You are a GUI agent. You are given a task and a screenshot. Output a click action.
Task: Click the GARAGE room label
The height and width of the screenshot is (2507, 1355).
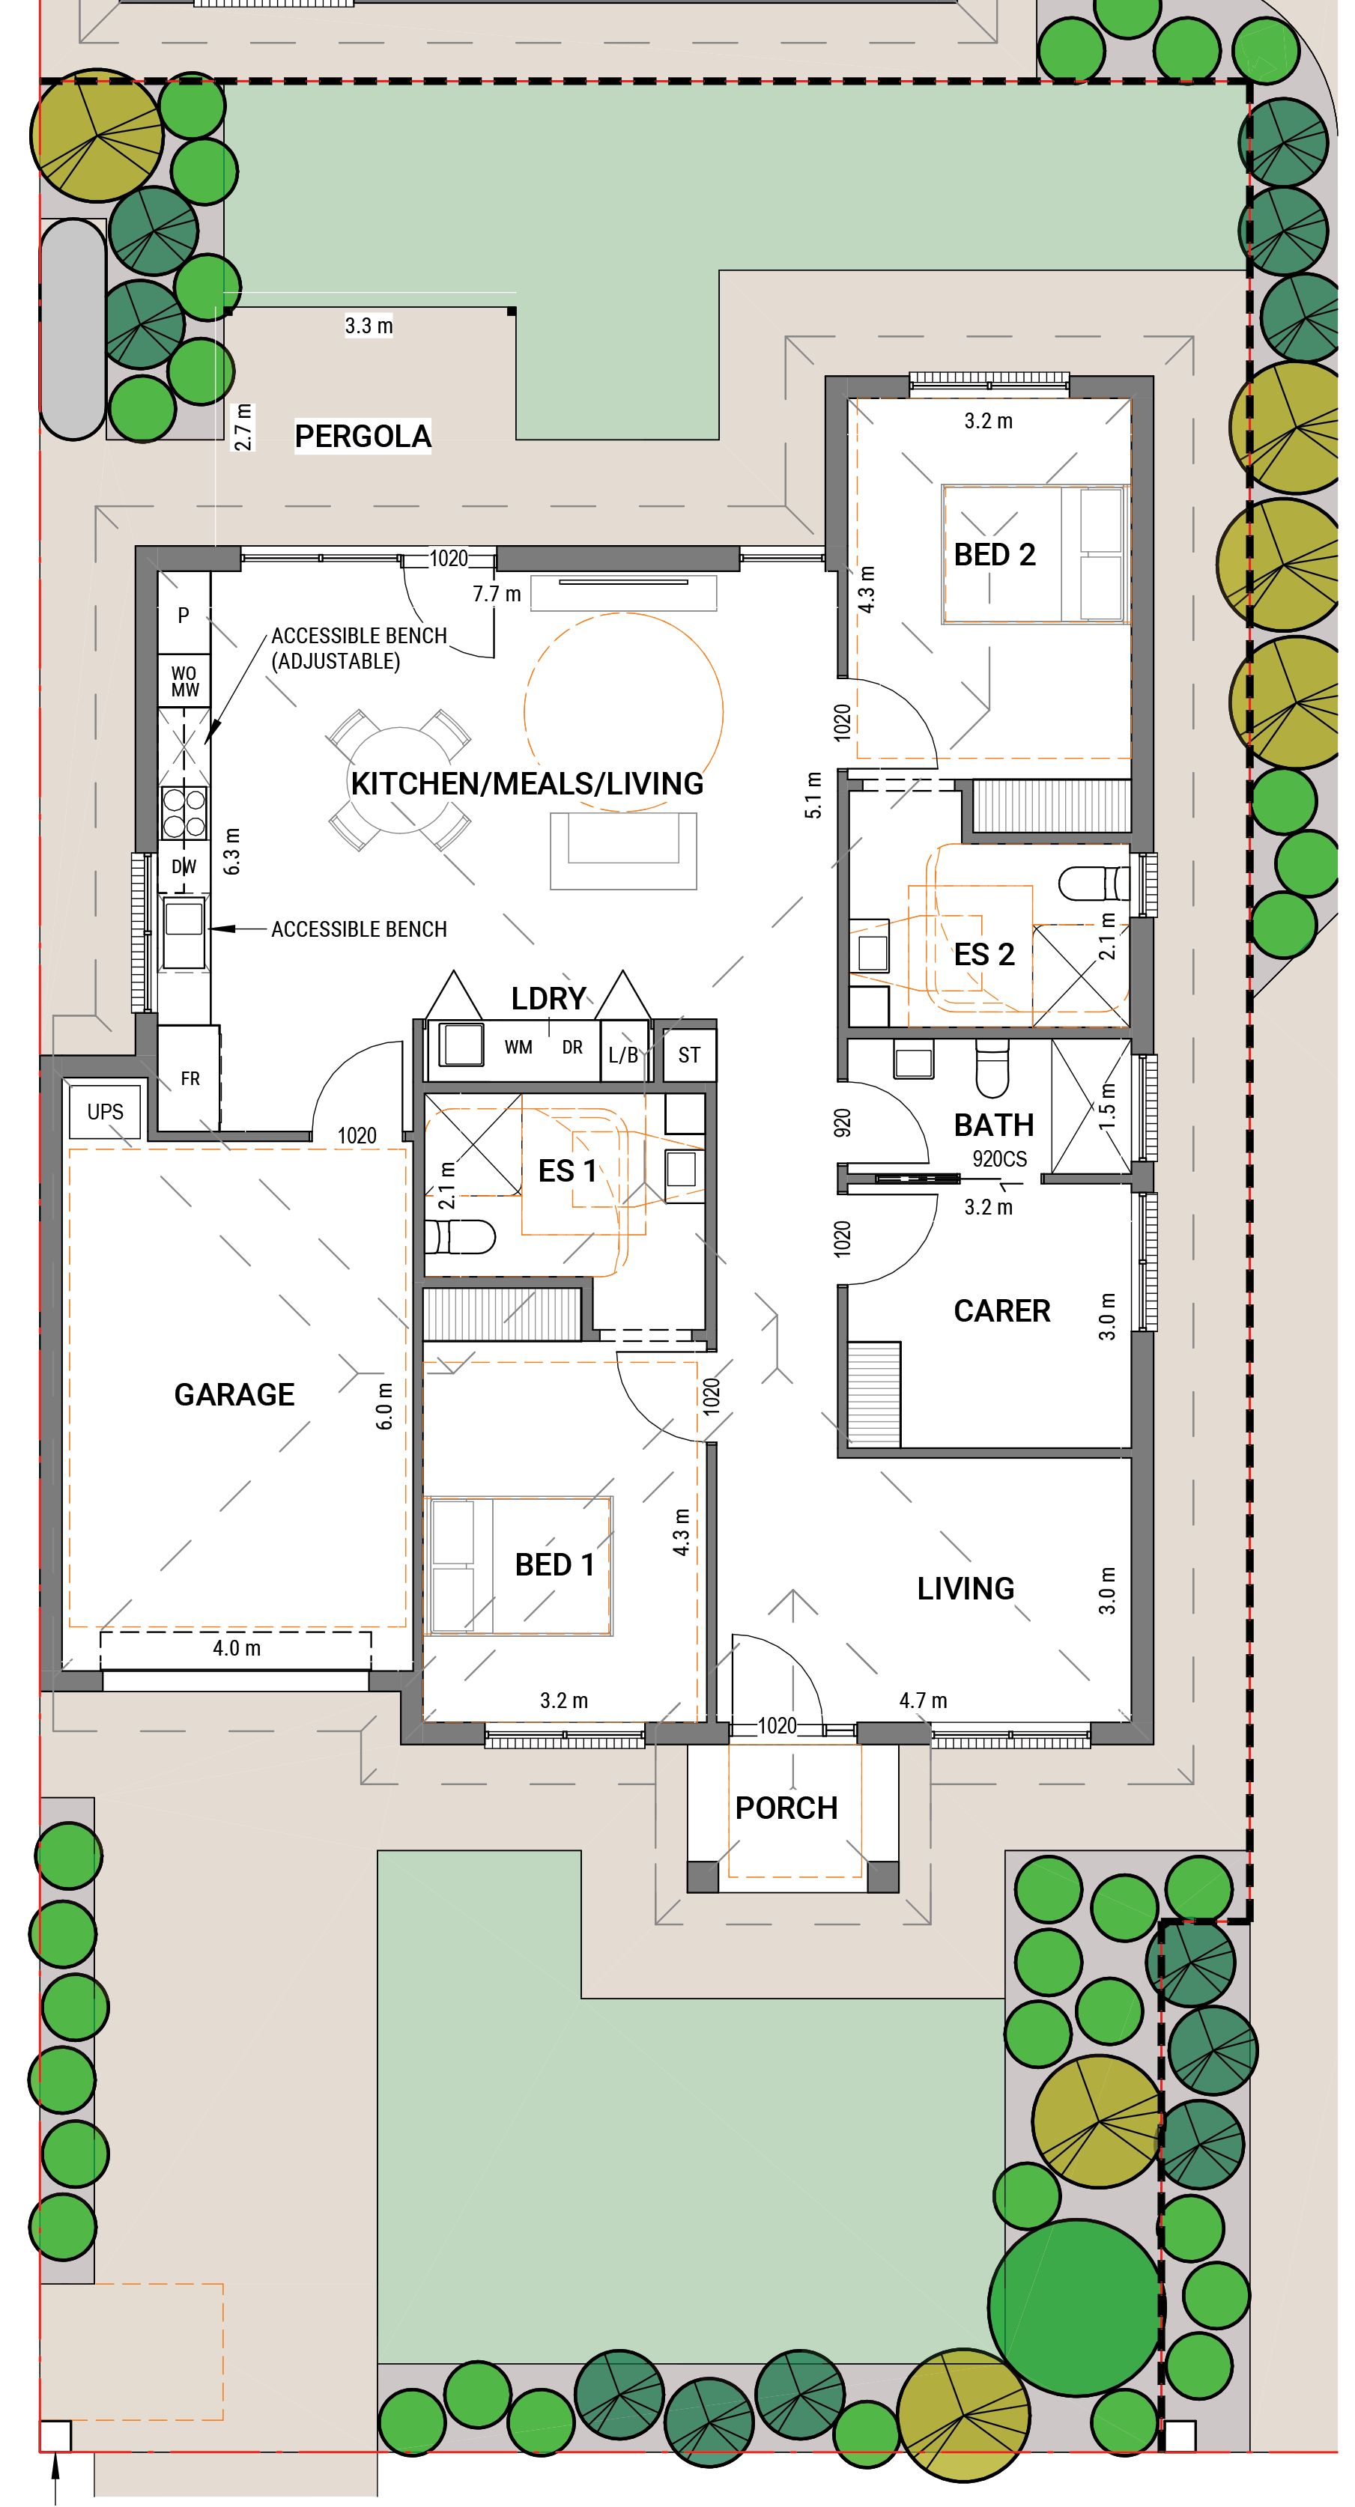click(x=234, y=1394)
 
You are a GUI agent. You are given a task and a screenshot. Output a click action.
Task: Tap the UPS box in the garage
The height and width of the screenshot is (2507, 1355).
click(x=105, y=1111)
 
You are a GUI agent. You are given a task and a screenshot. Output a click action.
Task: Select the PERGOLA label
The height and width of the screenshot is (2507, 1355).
click(x=362, y=436)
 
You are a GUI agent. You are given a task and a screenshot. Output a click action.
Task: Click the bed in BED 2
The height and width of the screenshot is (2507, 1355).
click(x=1034, y=554)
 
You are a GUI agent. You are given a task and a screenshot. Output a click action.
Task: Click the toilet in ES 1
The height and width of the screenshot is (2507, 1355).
click(x=461, y=1238)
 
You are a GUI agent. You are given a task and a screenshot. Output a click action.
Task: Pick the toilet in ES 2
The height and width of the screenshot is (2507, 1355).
click(x=1092, y=883)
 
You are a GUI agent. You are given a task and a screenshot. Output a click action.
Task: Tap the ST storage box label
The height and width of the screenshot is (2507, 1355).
click(x=689, y=1055)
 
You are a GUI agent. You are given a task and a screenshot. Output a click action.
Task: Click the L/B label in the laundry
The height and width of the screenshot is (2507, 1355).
click(x=623, y=1055)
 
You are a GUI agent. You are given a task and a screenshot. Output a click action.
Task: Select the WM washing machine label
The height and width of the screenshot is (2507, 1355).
click(x=518, y=1047)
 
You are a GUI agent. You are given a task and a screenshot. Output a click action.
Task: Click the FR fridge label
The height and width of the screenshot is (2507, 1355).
click(x=190, y=1078)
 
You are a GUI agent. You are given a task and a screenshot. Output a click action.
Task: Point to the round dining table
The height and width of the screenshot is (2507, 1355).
click(x=400, y=780)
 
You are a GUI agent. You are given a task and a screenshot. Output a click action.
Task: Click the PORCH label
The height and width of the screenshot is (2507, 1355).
click(x=786, y=1808)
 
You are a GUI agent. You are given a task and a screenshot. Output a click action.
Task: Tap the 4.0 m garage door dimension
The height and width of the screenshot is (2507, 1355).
click(x=237, y=1647)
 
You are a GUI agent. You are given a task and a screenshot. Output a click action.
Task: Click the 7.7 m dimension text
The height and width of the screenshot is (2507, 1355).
click(x=497, y=594)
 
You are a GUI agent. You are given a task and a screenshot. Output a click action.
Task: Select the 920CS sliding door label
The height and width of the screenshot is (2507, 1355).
click(x=998, y=1159)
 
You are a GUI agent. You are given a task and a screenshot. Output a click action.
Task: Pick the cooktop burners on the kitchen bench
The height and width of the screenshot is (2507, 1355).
click(x=184, y=812)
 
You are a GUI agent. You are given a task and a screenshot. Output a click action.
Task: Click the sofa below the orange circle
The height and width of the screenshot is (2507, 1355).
click(x=623, y=850)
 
